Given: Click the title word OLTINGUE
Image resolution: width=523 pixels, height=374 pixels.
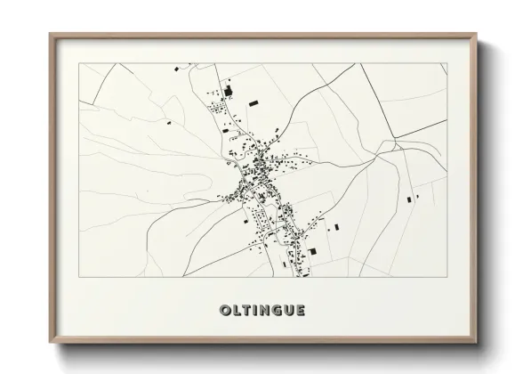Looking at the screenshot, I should (261, 310).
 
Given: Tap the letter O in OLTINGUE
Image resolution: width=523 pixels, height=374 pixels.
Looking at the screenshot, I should (224, 310).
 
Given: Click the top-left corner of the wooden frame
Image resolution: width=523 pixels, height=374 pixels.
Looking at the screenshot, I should (50, 35).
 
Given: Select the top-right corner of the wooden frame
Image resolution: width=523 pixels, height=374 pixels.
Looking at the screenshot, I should (475, 35).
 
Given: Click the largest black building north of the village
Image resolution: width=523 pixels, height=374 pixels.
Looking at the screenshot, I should (227, 91).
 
